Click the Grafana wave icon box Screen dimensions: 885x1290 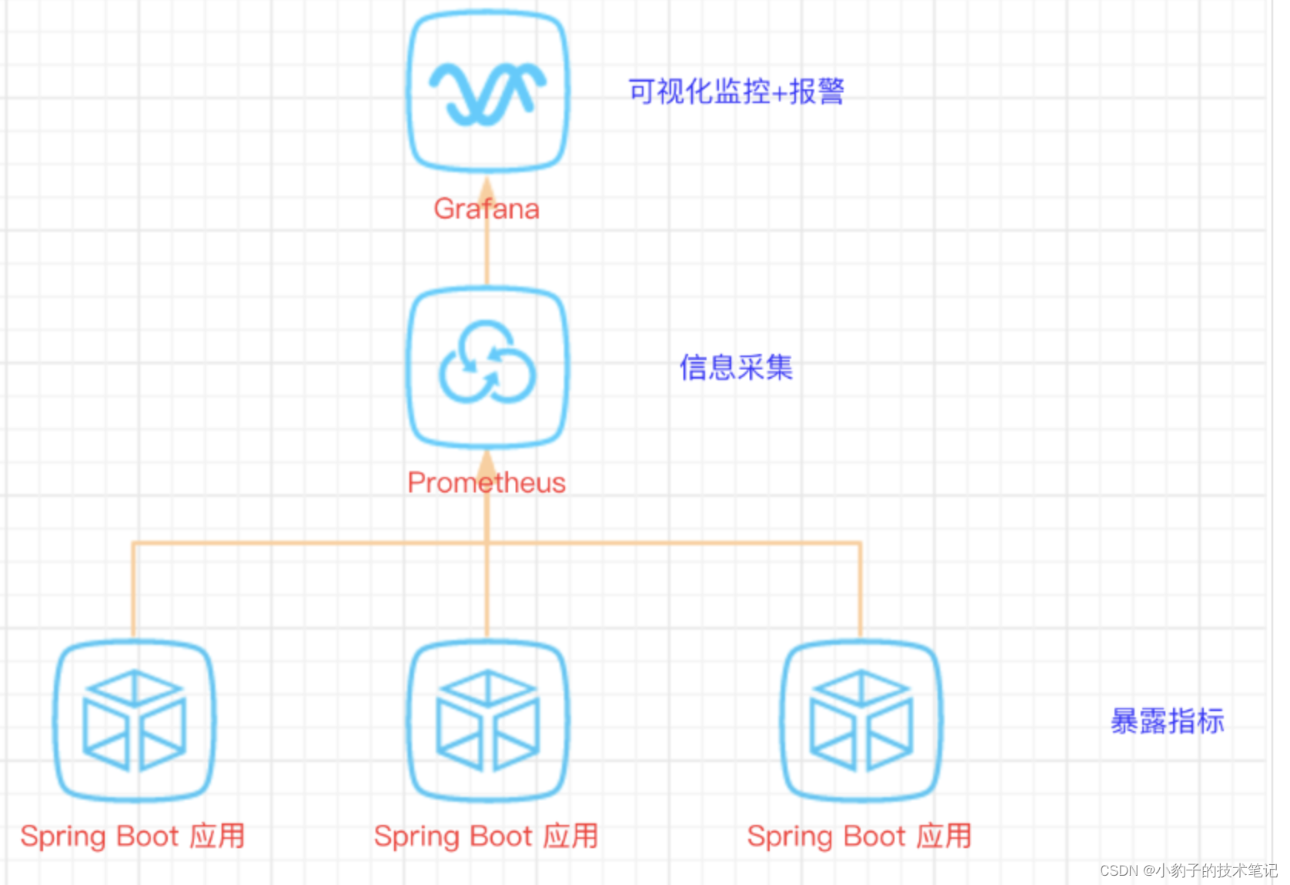click(487, 91)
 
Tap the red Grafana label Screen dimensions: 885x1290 click(486, 209)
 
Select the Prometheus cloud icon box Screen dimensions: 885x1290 click(487, 366)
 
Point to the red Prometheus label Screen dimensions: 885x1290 click(486, 483)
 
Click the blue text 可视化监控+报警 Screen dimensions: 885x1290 click(736, 92)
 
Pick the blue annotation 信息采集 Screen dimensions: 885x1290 click(736, 367)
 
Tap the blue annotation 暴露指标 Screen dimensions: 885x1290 click(1167, 721)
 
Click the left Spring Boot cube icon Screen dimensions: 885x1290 click(134, 720)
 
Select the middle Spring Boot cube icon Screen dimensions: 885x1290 click(487, 720)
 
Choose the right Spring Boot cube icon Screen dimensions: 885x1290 click(861, 720)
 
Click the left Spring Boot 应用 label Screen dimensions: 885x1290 click(132, 836)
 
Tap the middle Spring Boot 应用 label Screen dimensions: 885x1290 click(486, 836)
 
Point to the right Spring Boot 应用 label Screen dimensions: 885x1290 click(859, 836)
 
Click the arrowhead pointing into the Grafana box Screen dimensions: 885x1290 click(486, 188)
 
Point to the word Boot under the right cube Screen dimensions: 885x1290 click(874, 836)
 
